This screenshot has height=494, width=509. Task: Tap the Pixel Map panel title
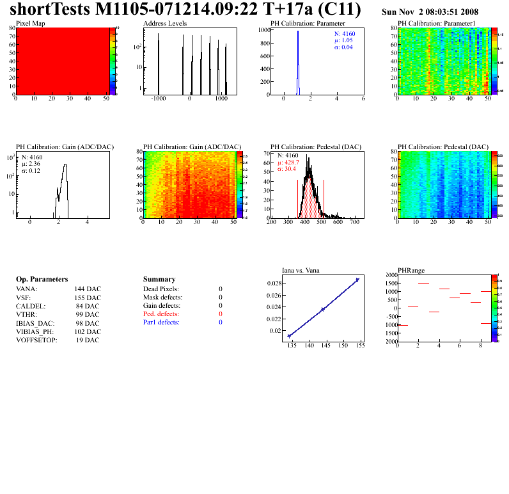30,23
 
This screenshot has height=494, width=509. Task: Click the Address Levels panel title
165,23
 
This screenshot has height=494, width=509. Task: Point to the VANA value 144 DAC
88,289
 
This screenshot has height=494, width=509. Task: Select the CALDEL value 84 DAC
88,306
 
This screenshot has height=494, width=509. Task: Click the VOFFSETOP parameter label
36,340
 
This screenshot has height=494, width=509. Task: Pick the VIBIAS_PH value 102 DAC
88,331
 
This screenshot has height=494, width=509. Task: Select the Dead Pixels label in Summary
161,289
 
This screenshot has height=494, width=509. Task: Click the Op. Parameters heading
42,280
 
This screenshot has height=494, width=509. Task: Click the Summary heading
159,280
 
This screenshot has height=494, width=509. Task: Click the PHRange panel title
410,270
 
